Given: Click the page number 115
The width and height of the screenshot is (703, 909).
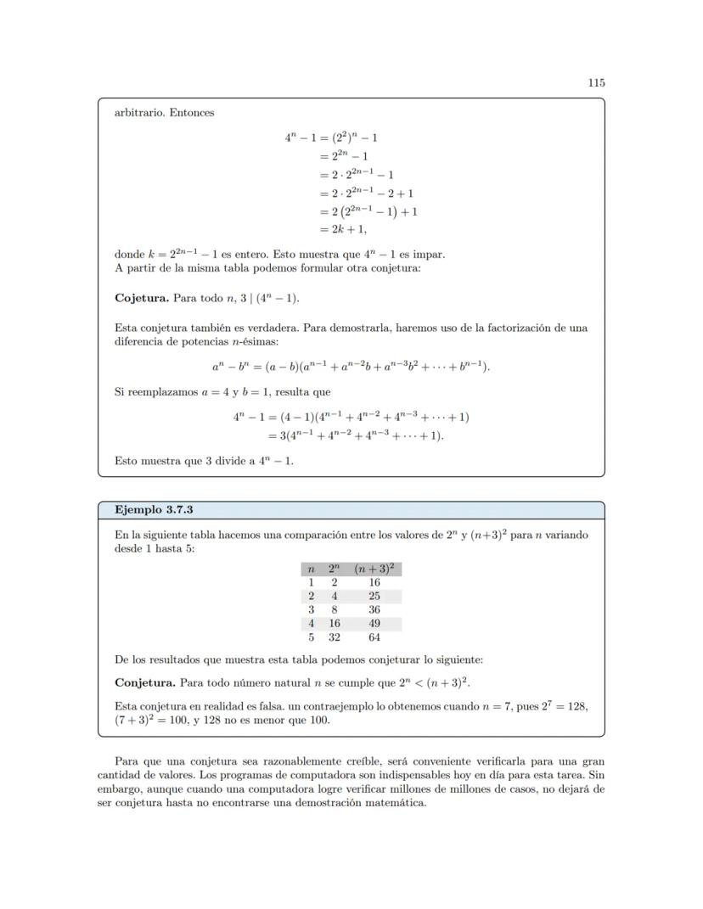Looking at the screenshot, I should (x=596, y=83).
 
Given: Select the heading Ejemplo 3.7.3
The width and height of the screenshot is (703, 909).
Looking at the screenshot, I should (x=155, y=510).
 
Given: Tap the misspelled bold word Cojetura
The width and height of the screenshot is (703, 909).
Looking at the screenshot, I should (x=142, y=299).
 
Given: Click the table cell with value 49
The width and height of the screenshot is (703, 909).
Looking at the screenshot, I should (x=374, y=623).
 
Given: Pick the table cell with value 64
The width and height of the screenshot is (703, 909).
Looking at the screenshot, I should (x=374, y=637).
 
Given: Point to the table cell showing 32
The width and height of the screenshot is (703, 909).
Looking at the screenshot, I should (x=335, y=637).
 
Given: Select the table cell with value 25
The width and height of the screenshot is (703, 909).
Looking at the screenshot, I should (x=374, y=596).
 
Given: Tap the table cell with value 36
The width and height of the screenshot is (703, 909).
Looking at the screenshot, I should (x=374, y=609).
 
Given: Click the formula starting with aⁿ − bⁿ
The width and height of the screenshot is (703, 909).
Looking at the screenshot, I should (x=351, y=367).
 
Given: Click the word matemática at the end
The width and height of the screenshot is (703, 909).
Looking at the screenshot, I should (x=393, y=803).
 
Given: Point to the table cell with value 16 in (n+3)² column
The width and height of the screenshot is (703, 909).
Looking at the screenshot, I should (x=374, y=582).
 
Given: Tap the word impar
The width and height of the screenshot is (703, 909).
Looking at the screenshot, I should (x=430, y=255).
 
